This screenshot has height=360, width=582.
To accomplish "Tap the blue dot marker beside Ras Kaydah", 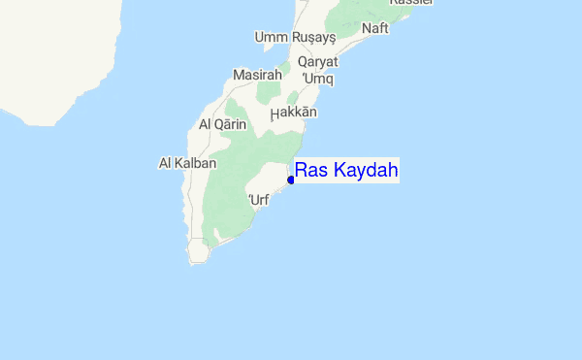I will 291,180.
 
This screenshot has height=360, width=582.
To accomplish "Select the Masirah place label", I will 258,75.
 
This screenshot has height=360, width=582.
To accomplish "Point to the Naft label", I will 374,28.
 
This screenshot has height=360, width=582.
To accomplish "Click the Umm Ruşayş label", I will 295,37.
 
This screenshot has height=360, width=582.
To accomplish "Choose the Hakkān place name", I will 294,113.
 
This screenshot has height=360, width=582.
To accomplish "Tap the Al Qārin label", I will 224,125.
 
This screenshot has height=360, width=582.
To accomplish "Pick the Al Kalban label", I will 187,163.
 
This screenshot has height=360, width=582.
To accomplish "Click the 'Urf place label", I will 258,200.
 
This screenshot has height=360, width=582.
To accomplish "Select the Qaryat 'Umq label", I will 318,69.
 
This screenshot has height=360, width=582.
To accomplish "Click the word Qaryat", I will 318,61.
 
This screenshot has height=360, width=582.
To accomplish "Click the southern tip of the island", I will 200,260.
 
